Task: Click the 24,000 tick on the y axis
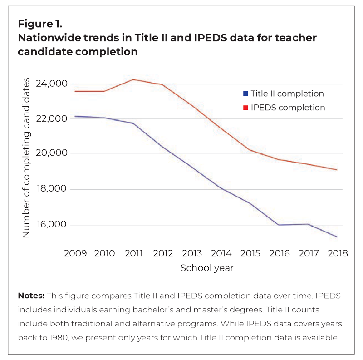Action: [52, 84]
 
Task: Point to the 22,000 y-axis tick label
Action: [52, 119]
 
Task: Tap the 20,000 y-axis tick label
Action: [52, 154]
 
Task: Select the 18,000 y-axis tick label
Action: [52, 189]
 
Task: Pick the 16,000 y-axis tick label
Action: [52, 225]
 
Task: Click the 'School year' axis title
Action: [207, 268]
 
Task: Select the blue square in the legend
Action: [245, 94]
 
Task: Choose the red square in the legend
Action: [245, 108]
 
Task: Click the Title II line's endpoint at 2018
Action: [337, 237]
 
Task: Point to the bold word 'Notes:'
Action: [31, 296]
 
